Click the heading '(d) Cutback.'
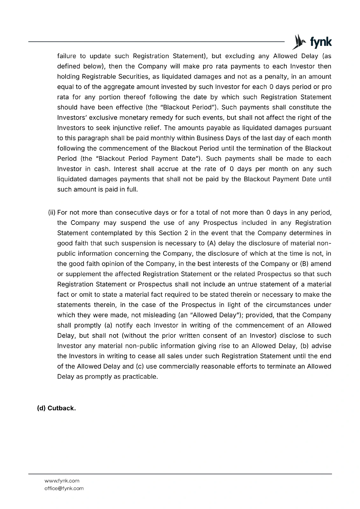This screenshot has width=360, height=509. point(57,408)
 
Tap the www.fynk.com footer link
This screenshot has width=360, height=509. point(62,481)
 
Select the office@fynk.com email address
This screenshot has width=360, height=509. point(64,488)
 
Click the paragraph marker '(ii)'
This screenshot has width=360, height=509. point(52,213)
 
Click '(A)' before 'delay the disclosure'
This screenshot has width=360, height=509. point(212,243)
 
